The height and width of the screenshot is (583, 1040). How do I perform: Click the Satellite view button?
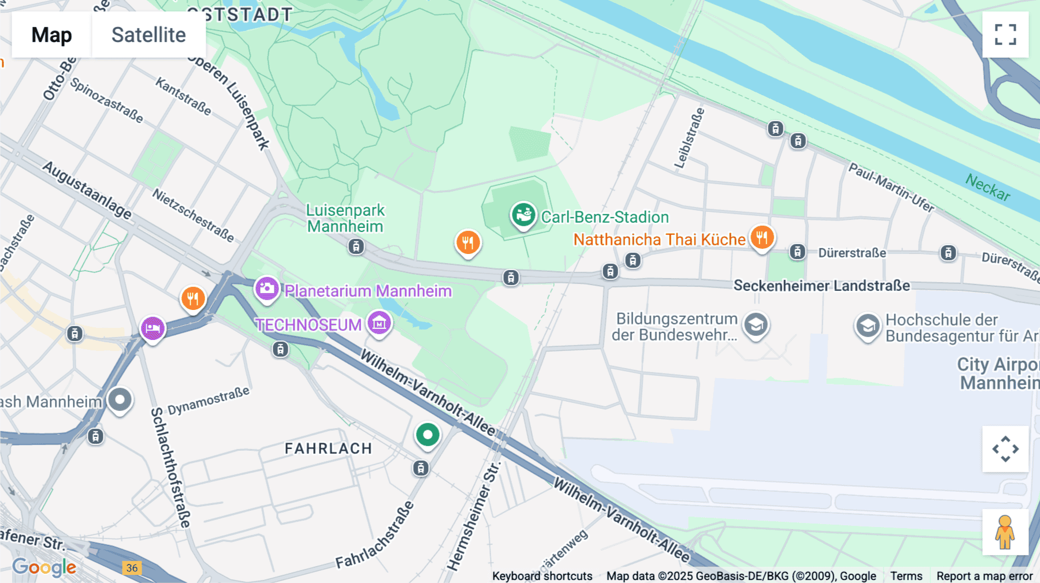[148, 35]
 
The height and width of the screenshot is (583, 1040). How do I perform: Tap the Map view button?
[51, 35]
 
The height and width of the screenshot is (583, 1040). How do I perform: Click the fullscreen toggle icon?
[1005, 35]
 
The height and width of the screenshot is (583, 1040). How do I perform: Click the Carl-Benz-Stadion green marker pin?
[523, 215]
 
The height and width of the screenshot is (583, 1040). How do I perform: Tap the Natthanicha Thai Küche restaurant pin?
[762, 237]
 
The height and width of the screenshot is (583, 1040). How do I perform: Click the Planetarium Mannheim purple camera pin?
[267, 289]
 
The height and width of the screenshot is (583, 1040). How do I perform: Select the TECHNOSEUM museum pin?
[379, 323]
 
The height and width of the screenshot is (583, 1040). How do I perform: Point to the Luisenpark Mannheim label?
[345, 218]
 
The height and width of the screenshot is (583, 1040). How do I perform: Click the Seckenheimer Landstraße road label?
[821, 286]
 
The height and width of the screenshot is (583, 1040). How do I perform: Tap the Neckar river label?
[987, 188]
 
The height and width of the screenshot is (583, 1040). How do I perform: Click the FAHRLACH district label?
[328, 449]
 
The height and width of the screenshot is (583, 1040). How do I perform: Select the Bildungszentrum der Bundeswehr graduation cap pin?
[755, 326]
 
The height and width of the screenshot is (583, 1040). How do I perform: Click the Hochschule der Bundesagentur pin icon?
[867, 326]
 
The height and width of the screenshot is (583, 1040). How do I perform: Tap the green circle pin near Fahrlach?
[428, 435]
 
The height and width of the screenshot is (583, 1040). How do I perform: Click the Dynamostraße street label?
[209, 401]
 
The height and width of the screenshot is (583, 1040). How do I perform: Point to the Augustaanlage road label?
[87, 190]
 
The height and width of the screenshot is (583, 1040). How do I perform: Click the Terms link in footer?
[906, 576]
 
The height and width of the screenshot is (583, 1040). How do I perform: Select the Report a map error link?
[984, 576]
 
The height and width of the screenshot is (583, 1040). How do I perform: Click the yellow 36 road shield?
[132, 568]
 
